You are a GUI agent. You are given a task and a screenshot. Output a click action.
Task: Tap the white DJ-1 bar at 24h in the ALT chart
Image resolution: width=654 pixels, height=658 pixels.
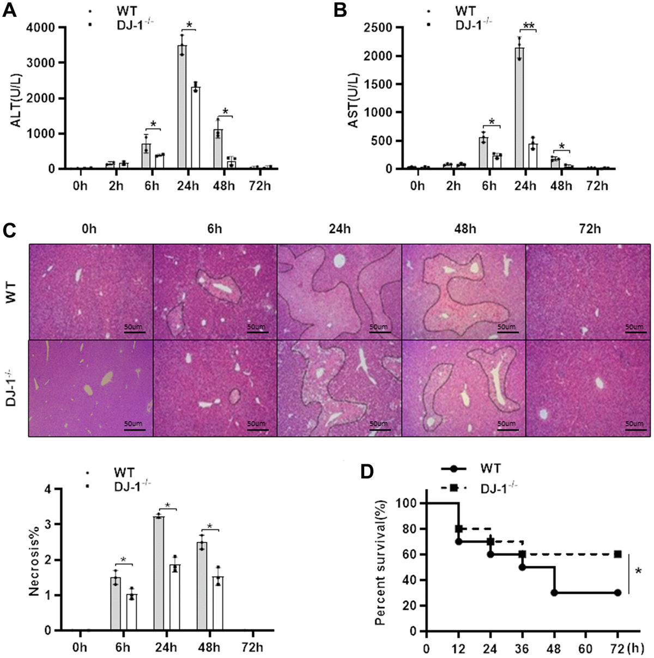click(x=195, y=128)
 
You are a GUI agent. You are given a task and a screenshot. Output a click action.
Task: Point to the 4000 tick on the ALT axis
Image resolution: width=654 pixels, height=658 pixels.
click(x=45, y=27)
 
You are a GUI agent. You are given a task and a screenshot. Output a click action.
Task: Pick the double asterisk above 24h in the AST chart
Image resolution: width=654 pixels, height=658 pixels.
click(x=528, y=26)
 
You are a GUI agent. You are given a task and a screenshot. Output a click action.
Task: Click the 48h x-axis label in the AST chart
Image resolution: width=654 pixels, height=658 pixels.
click(x=561, y=185)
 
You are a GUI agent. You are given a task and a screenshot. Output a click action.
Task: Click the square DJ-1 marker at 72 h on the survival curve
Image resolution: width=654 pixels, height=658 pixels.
click(x=617, y=554)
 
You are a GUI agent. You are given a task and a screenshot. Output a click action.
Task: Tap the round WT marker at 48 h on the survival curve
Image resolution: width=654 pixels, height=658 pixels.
click(x=554, y=593)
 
